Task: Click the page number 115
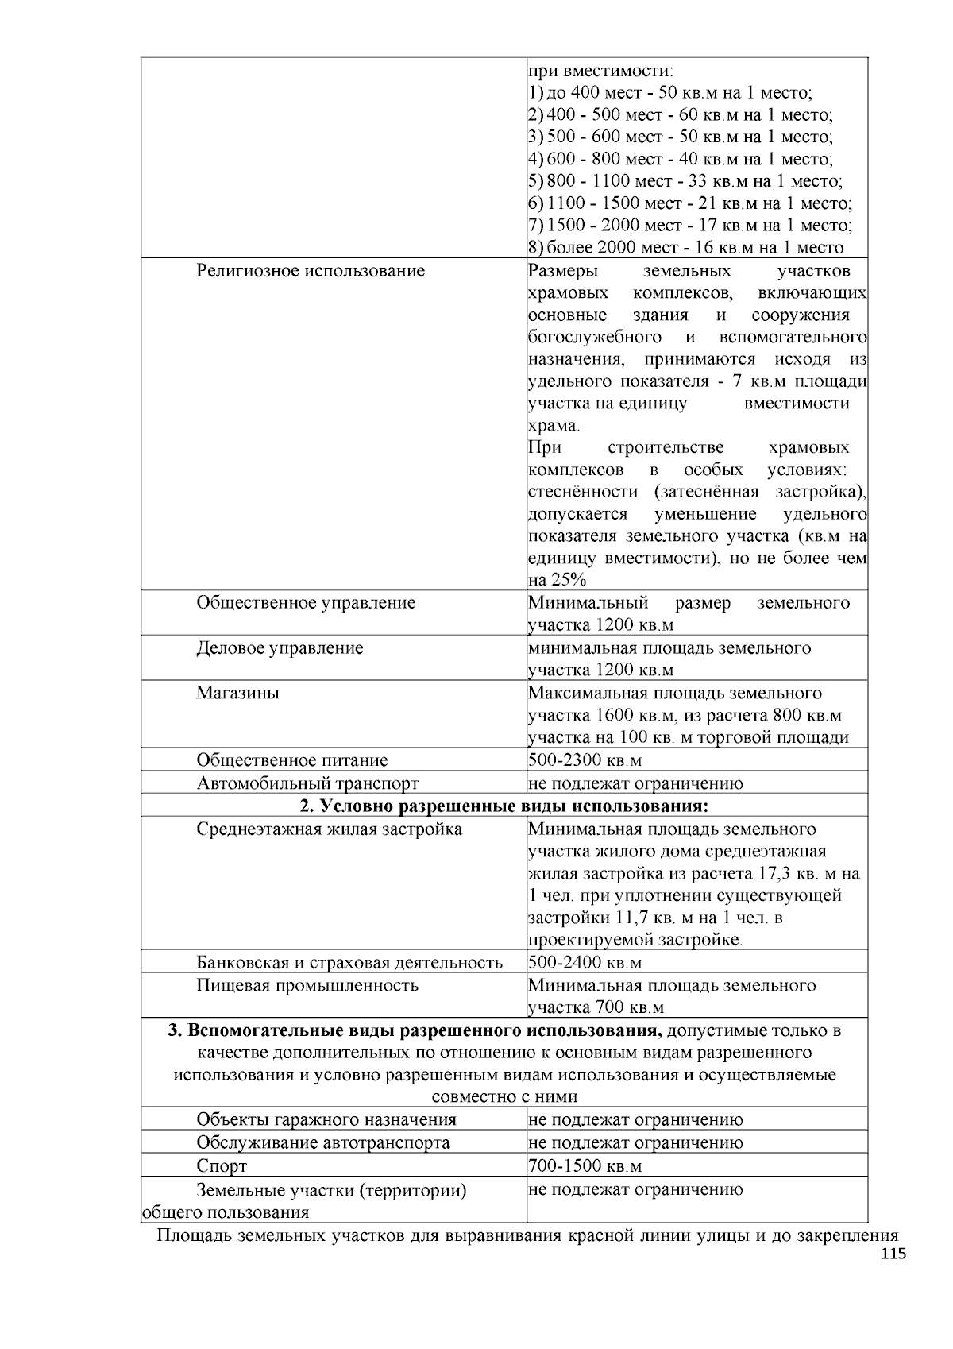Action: tap(893, 1254)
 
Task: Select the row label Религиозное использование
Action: tap(311, 271)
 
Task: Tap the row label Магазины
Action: tap(238, 693)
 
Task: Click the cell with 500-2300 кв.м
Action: tap(585, 761)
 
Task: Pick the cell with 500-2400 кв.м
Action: tap(585, 964)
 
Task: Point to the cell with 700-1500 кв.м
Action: tap(585, 1166)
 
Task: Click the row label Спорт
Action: tap(222, 1166)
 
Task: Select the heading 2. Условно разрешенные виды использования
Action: tap(504, 806)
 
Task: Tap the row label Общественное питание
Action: tap(292, 761)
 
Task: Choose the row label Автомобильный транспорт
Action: tap(307, 784)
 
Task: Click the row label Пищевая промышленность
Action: tap(307, 986)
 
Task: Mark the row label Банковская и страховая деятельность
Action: tap(349, 964)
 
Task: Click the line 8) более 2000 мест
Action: tap(685, 248)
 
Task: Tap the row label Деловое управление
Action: tap(280, 648)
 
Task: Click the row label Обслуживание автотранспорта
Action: tap(323, 1143)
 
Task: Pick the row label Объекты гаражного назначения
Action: tap(326, 1120)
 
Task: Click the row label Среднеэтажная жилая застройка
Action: tap(330, 830)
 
